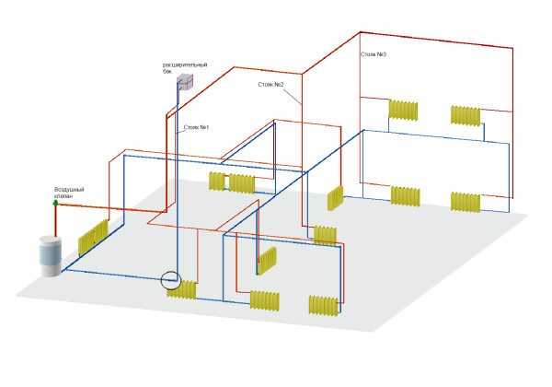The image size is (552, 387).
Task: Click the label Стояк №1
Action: tap(196, 127)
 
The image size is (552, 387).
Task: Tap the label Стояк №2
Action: tap(270, 85)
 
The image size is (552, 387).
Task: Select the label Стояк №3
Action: tap(374, 54)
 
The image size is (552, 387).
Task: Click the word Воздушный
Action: tap(69, 190)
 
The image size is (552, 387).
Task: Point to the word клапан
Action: tap(63, 196)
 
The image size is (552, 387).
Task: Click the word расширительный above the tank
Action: tap(185, 64)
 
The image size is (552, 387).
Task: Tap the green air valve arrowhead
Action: tap(55, 203)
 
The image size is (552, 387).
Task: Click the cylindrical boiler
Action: tap(51, 256)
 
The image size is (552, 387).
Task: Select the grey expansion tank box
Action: tap(185, 82)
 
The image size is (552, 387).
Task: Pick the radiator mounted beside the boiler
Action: tap(93, 237)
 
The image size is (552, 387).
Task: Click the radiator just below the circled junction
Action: tap(181, 290)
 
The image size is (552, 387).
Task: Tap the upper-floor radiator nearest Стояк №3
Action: tap(403, 110)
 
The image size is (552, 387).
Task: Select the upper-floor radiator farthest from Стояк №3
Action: tap(466, 115)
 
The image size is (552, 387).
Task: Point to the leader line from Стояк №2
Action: tap(292, 96)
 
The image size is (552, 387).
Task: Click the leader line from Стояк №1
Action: tap(180, 131)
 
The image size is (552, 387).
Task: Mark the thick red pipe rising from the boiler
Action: tap(55, 220)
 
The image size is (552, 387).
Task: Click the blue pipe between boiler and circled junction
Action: tap(120, 276)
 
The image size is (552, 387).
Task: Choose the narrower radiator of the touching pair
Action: tap(216, 182)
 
